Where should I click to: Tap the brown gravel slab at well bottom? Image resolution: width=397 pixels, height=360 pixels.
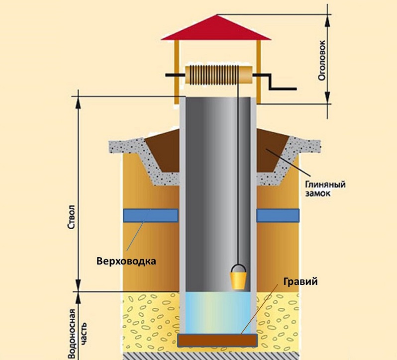pos(217,340)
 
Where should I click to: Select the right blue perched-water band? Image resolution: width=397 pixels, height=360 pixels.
pos(278,215)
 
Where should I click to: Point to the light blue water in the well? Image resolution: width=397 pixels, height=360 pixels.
pos(217,313)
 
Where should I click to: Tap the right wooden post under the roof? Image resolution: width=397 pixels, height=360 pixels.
pos(258,70)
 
